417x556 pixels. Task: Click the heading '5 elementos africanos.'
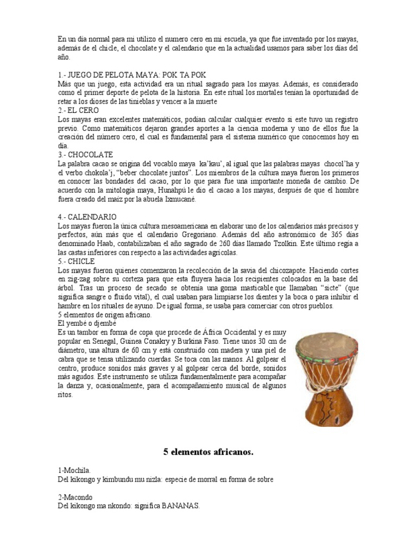click(208, 451)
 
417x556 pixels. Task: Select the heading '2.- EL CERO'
click(78, 110)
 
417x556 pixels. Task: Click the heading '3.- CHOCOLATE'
click(85, 155)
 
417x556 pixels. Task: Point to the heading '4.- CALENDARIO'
click(87, 217)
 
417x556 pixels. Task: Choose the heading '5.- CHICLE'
click(76, 261)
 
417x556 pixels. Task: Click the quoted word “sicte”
click(331, 288)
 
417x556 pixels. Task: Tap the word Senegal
click(105, 342)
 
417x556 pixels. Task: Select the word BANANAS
click(179, 506)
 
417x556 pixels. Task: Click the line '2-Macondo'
click(75, 497)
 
